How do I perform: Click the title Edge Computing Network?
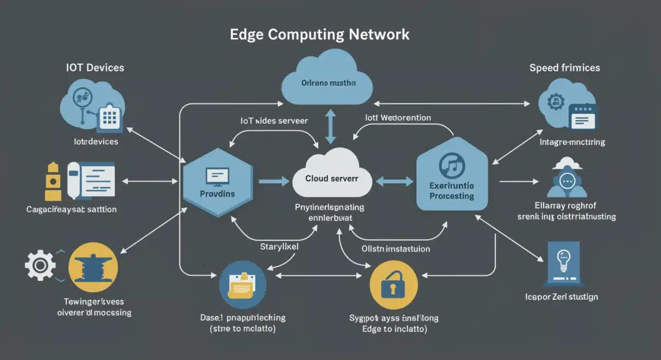(319, 34)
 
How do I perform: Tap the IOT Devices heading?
(95, 68)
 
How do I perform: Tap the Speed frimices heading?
(565, 68)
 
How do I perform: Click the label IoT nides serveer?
(274, 120)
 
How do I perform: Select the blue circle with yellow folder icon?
(242, 285)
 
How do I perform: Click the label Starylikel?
(279, 247)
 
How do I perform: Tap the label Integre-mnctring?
(572, 142)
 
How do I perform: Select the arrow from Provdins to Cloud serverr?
(273, 181)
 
